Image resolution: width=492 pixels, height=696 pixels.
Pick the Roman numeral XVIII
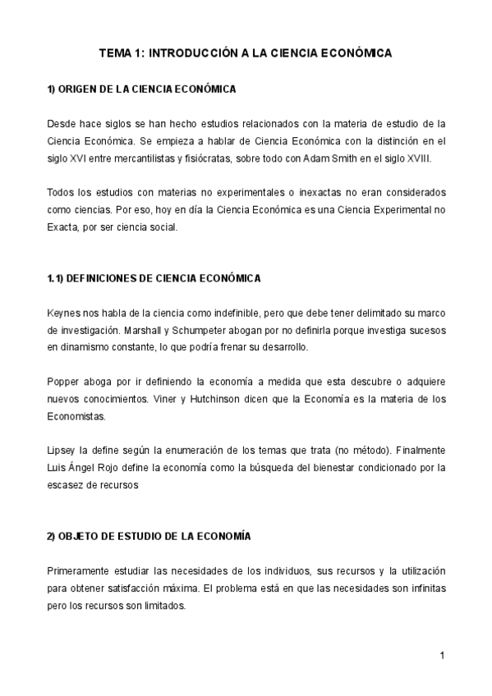416,158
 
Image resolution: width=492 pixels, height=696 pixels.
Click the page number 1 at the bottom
441,655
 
